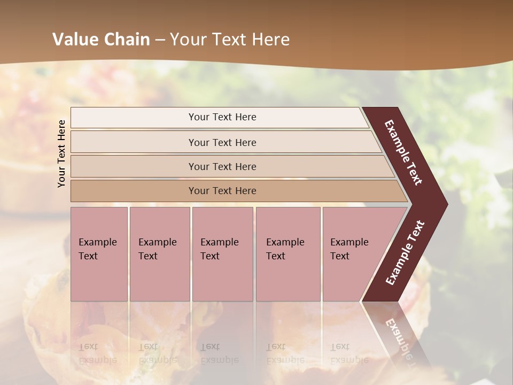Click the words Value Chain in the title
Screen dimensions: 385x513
point(101,39)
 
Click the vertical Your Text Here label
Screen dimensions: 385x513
point(61,153)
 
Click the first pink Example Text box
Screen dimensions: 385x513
point(99,253)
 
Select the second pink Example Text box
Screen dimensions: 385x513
point(159,253)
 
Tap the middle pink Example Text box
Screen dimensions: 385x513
point(222,253)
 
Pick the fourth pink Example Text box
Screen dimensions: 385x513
point(287,253)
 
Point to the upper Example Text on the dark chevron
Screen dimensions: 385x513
point(403,152)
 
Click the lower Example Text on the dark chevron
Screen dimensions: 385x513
point(405,253)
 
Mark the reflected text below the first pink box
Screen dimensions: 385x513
point(98,353)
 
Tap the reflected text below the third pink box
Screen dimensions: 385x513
point(219,353)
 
